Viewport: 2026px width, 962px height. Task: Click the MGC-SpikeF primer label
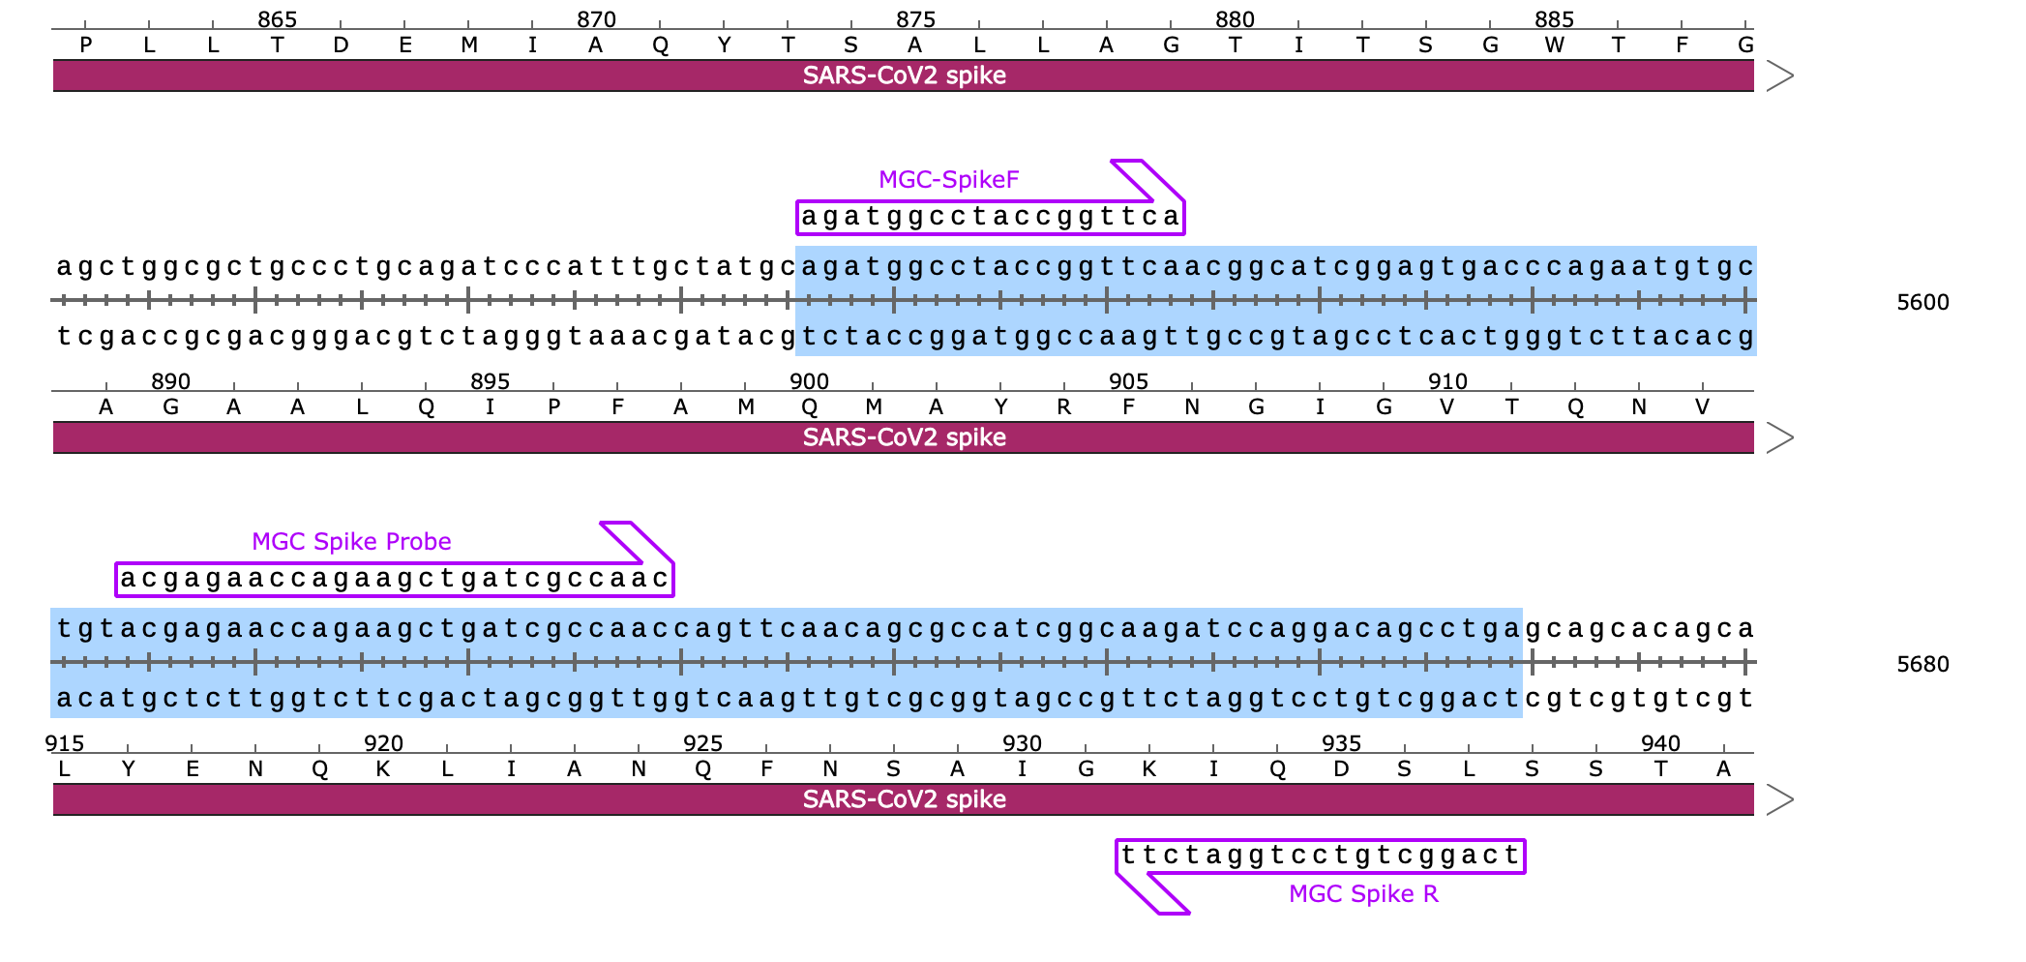click(948, 179)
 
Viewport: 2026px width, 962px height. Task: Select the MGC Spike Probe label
click(351, 541)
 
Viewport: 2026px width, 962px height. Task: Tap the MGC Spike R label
click(1363, 893)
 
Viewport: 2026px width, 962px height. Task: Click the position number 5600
click(1922, 302)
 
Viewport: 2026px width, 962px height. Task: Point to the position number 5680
click(1922, 664)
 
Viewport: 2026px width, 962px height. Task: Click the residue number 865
click(277, 19)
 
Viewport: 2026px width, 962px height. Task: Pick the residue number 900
click(809, 381)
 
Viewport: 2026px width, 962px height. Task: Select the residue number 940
click(1660, 743)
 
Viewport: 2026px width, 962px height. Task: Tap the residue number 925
click(702, 743)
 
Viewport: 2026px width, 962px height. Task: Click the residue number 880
click(1235, 19)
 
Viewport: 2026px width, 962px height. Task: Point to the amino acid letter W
click(1554, 45)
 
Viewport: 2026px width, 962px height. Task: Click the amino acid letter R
click(1064, 406)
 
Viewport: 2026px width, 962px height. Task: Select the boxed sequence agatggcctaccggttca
click(991, 217)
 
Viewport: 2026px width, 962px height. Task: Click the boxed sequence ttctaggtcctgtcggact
click(1321, 856)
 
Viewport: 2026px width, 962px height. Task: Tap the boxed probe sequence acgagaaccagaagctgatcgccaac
click(395, 579)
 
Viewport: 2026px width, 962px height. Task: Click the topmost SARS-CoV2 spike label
click(904, 75)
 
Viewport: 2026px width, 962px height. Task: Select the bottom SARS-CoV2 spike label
click(904, 799)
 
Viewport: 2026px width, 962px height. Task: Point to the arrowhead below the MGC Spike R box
click(1151, 893)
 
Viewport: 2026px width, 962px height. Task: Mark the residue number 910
click(1447, 381)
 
